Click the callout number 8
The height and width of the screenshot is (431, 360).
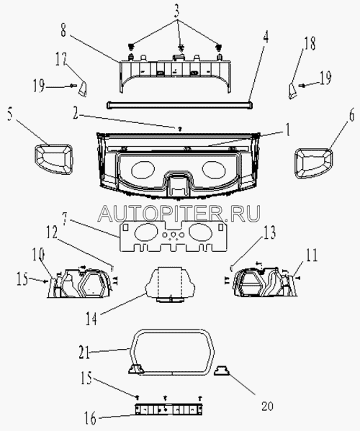tap(63, 31)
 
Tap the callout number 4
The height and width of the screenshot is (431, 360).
tap(265, 38)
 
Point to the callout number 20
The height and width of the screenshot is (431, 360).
tap(267, 406)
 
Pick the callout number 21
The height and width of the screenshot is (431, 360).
tap(84, 352)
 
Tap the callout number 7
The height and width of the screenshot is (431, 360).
tap(66, 219)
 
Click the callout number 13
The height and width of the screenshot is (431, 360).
tap(269, 233)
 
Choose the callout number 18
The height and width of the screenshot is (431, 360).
tap(310, 44)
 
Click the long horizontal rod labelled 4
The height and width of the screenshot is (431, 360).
tap(179, 105)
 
